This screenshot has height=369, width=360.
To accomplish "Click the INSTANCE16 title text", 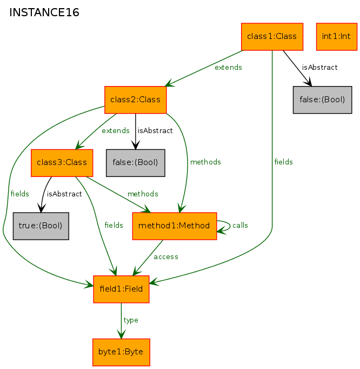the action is click(44, 12).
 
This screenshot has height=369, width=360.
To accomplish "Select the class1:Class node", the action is click(272, 37).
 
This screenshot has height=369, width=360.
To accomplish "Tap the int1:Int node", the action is click(336, 37).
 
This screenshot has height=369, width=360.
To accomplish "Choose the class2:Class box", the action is click(136, 100).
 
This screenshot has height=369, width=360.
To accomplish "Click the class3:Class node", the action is click(62, 163).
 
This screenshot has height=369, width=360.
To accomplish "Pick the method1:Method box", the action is click(175, 226).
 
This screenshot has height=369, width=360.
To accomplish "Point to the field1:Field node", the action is click(121, 289).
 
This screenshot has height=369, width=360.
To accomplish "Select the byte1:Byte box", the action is click(121, 352).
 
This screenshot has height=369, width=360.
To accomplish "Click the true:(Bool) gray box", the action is click(41, 226).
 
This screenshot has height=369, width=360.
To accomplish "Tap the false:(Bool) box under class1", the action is click(322, 100).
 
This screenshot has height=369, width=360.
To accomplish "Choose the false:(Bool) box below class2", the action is click(136, 163).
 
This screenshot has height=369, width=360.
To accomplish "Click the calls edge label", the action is click(240, 225).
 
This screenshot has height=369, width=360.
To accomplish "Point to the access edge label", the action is click(166, 257).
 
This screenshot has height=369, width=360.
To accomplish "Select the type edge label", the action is click(131, 320).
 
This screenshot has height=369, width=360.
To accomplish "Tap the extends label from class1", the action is click(228, 67).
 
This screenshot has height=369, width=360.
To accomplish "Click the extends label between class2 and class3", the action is click(116, 130).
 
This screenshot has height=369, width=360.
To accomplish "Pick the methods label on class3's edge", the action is click(143, 194).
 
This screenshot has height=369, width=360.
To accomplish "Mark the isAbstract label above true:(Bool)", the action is click(64, 194).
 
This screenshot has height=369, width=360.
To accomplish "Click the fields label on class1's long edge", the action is click(283, 162).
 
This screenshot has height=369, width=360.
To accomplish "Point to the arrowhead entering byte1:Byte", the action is click(121, 335).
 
